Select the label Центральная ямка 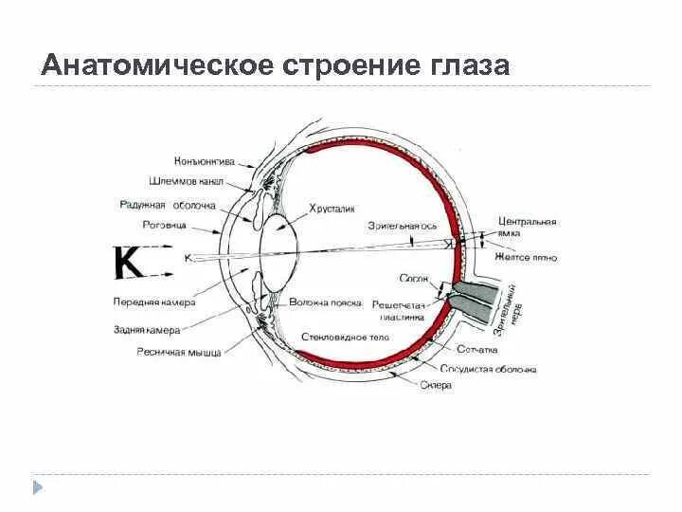point(527,227)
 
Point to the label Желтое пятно point(526,257)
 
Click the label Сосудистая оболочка point(490,370)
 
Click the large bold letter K point(130,262)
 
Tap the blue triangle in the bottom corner point(39,487)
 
